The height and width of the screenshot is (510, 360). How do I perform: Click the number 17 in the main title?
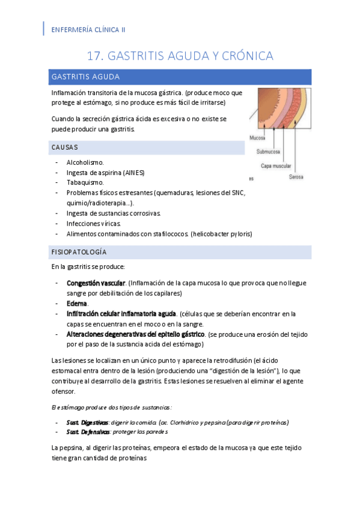click(x=94, y=56)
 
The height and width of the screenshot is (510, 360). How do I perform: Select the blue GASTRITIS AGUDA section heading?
click(x=86, y=77)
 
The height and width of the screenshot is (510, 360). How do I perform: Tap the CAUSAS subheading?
click(x=65, y=147)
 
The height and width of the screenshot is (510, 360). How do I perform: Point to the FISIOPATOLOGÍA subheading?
click(x=79, y=252)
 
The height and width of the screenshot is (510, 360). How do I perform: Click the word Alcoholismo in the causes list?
click(x=85, y=162)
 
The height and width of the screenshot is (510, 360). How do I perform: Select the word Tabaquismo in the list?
click(x=85, y=182)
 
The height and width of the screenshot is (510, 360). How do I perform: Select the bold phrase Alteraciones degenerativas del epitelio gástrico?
click(x=136, y=334)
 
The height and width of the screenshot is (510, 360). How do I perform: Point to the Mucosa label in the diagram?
click(x=257, y=138)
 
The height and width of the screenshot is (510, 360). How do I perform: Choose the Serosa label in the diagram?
click(x=296, y=177)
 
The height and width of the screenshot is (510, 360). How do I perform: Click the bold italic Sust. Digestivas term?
click(x=88, y=422)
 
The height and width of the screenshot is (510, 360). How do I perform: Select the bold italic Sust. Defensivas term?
click(x=88, y=432)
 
